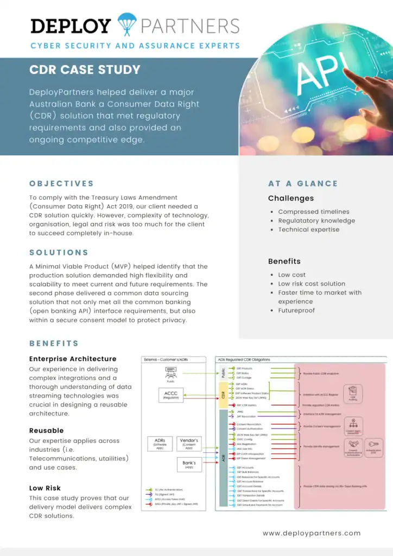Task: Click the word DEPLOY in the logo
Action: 71,26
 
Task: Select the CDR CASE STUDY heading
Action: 85,69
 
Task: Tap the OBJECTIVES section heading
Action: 61,184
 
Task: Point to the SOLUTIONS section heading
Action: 59,252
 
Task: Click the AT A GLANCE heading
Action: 303,184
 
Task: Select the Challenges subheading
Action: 290,198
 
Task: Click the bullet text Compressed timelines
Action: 314,212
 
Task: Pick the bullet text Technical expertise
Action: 309,229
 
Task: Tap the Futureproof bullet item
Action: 296,310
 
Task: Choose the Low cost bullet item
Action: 292,275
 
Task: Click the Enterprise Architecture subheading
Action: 73,359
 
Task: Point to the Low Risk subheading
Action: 45,488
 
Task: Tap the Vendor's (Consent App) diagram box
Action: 189,444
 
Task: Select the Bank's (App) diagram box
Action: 189,464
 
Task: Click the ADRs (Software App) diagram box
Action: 160,444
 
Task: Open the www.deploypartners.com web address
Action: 312,533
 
